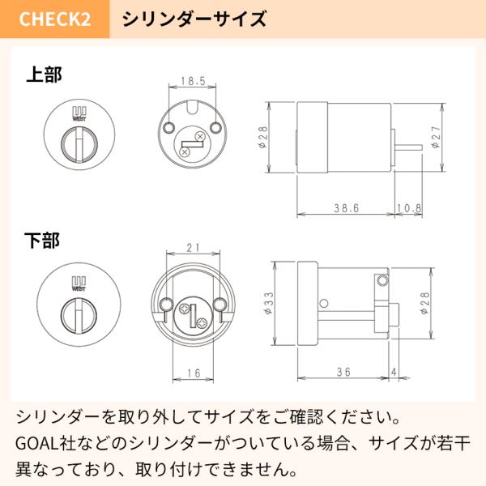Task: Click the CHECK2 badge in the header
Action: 55,19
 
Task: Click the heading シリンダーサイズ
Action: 194,19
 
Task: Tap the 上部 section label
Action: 44,75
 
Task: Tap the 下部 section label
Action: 42,241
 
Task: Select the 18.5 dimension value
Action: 193,81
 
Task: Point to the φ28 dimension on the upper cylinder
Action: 262,137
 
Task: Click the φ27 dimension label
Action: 436,137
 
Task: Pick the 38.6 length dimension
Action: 346,208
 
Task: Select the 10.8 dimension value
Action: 409,208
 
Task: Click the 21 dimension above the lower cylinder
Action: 194,248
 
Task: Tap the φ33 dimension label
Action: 269,303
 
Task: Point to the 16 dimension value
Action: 194,373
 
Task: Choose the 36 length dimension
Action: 343,372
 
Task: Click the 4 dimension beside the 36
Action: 394,372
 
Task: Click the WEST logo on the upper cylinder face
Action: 79,113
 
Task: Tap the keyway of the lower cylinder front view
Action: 79,316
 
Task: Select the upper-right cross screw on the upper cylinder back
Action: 200,136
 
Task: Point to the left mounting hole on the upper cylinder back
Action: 169,127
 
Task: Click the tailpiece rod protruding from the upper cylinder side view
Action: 408,147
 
